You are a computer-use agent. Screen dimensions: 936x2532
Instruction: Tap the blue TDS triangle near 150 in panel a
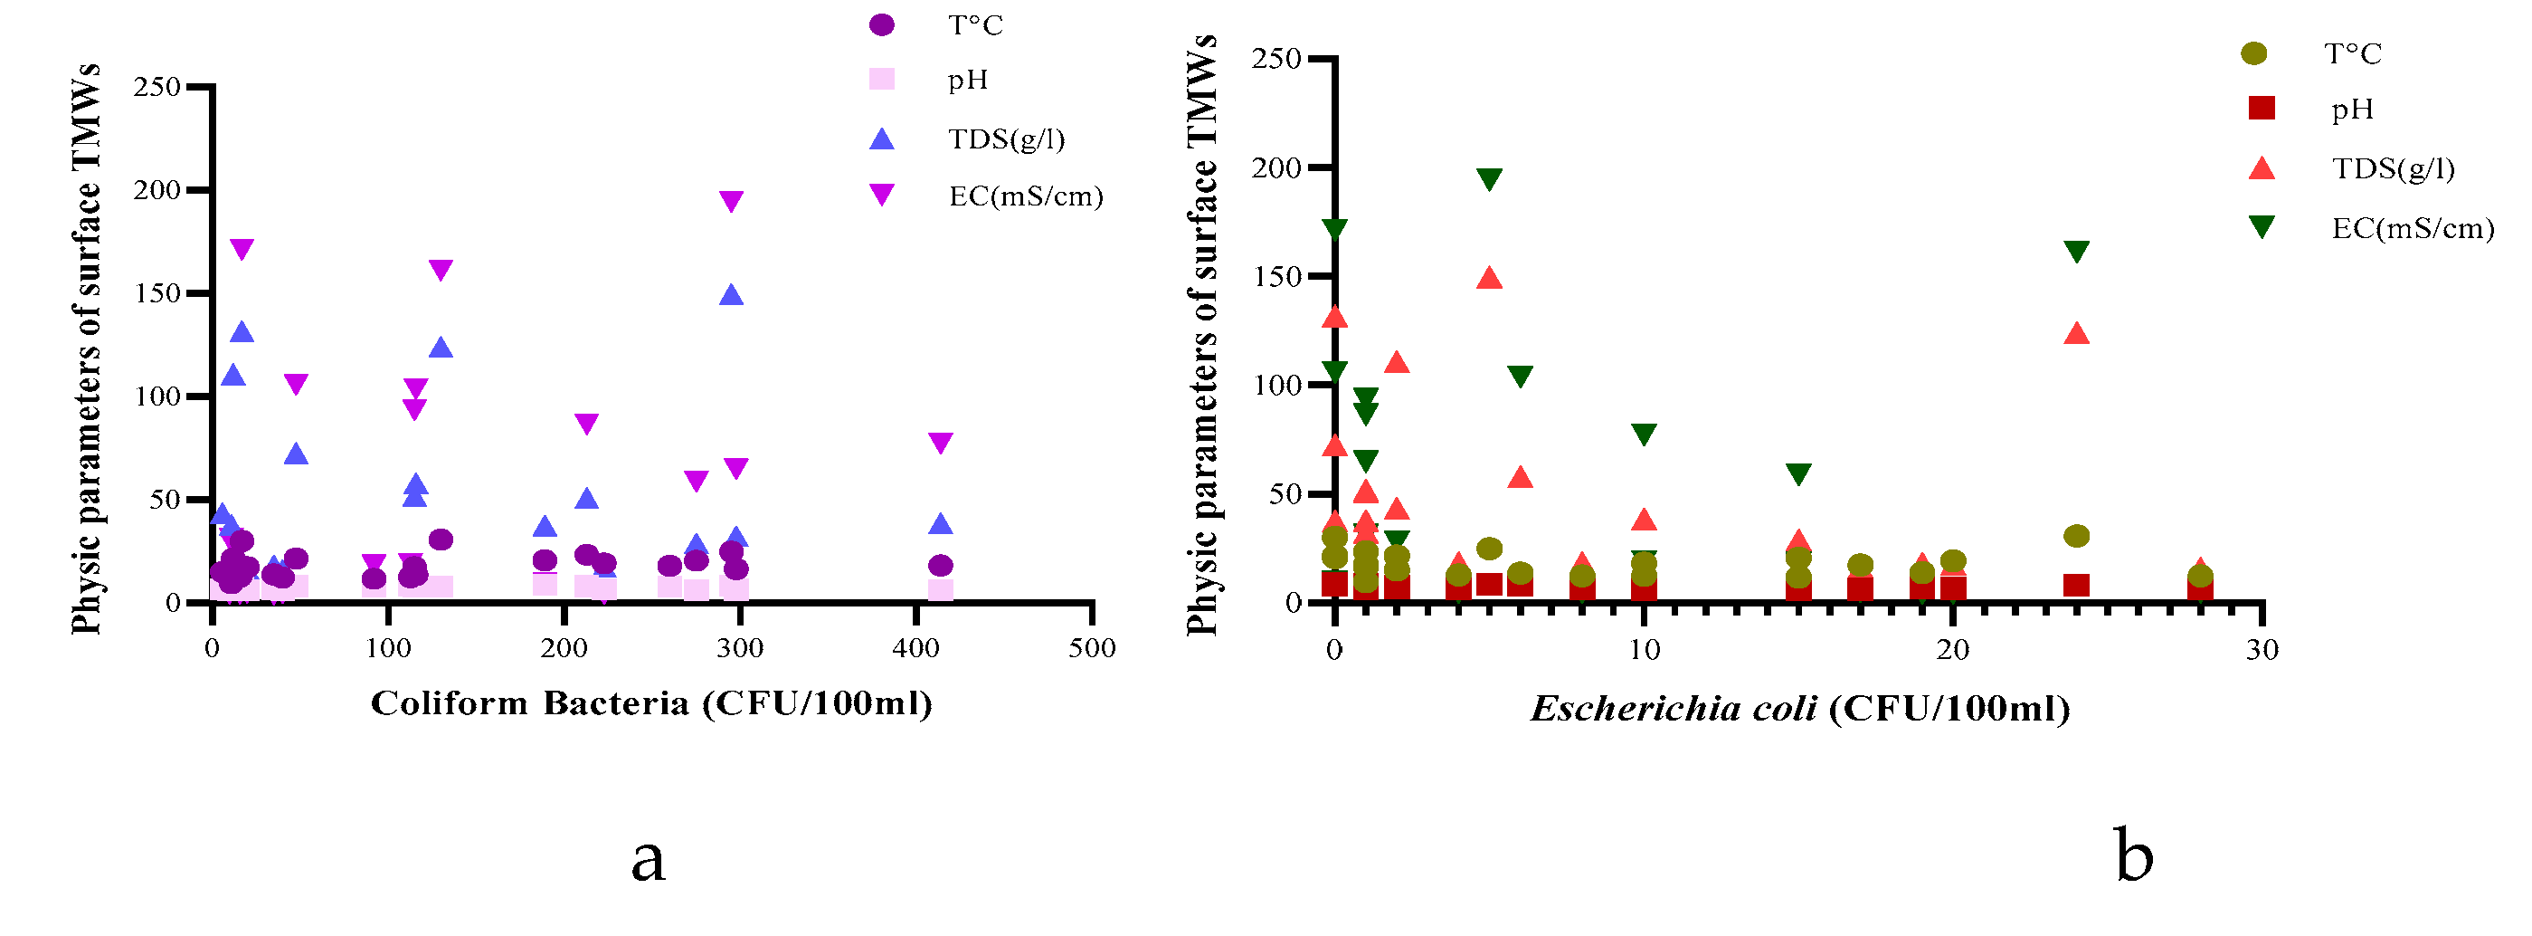[x=731, y=295]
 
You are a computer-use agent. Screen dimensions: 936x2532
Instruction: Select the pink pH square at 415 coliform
[x=941, y=590]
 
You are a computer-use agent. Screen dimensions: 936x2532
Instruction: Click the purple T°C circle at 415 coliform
[x=941, y=566]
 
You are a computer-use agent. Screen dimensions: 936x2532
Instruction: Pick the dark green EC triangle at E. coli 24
[x=2076, y=252]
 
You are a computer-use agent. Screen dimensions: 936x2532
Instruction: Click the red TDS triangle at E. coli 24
[x=2076, y=334]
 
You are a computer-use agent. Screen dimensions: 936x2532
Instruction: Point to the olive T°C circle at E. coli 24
[x=2076, y=536]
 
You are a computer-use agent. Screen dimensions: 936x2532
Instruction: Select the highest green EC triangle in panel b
[x=1489, y=179]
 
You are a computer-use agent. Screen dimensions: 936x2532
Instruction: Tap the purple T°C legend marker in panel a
[x=882, y=25]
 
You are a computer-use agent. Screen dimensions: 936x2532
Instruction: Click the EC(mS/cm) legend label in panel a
[x=1025, y=196]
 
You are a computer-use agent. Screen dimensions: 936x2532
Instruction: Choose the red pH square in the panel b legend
[x=2262, y=108]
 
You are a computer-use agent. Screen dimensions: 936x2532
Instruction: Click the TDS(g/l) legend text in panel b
[x=2393, y=169]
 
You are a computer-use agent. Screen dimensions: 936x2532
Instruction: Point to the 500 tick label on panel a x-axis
[x=1092, y=648]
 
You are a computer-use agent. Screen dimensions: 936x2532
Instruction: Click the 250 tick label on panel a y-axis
[x=157, y=87]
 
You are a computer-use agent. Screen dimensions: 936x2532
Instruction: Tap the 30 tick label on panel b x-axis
[x=2262, y=650]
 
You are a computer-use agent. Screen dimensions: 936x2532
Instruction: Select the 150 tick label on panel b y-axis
[x=1275, y=276]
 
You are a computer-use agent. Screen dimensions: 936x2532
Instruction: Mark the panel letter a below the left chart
[x=648, y=860]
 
